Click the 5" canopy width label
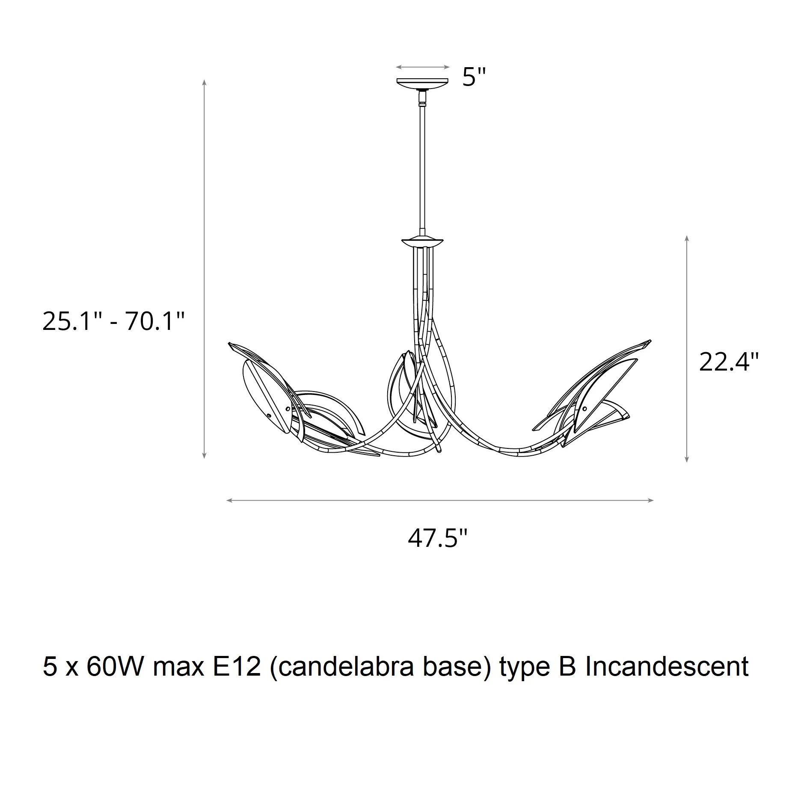coord(475,77)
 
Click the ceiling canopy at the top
coord(422,83)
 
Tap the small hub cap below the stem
coord(422,243)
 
